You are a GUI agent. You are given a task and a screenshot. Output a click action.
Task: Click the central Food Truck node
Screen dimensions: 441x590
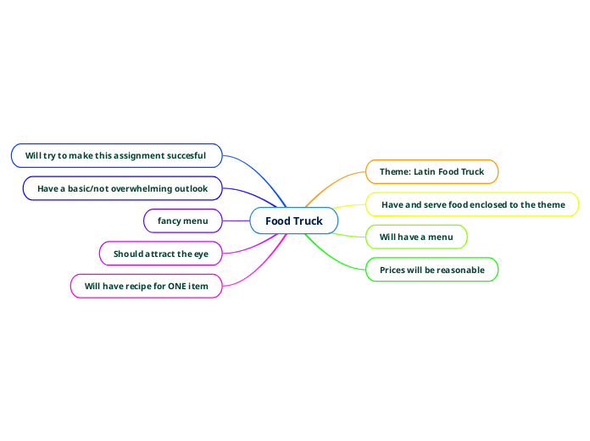click(x=293, y=221)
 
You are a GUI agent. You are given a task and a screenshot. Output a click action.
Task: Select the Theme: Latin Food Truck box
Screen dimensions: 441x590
click(x=431, y=171)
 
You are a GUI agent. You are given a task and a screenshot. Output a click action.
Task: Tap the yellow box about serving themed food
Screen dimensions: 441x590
click(x=472, y=204)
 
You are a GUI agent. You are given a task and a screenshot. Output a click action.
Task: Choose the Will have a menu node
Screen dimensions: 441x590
click(x=415, y=237)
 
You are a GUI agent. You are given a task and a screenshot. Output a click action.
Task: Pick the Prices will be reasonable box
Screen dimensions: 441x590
click(x=431, y=270)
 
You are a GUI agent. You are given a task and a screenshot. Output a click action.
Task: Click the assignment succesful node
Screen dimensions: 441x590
click(x=116, y=155)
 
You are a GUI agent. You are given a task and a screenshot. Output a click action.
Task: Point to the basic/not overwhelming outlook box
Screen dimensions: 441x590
click(x=122, y=188)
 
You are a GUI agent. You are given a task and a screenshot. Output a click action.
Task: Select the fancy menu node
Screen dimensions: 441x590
click(x=183, y=221)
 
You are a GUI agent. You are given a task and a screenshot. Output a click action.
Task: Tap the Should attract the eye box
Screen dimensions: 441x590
click(x=161, y=254)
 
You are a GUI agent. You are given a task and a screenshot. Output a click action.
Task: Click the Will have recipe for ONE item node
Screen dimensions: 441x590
click(x=146, y=287)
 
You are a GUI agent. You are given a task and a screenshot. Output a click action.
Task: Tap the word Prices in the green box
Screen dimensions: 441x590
click(x=394, y=270)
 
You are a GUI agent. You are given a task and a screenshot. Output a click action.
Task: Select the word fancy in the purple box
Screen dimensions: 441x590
click(x=170, y=221)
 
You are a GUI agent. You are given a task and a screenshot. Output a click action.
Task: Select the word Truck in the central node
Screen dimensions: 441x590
click(x=309, y=221)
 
